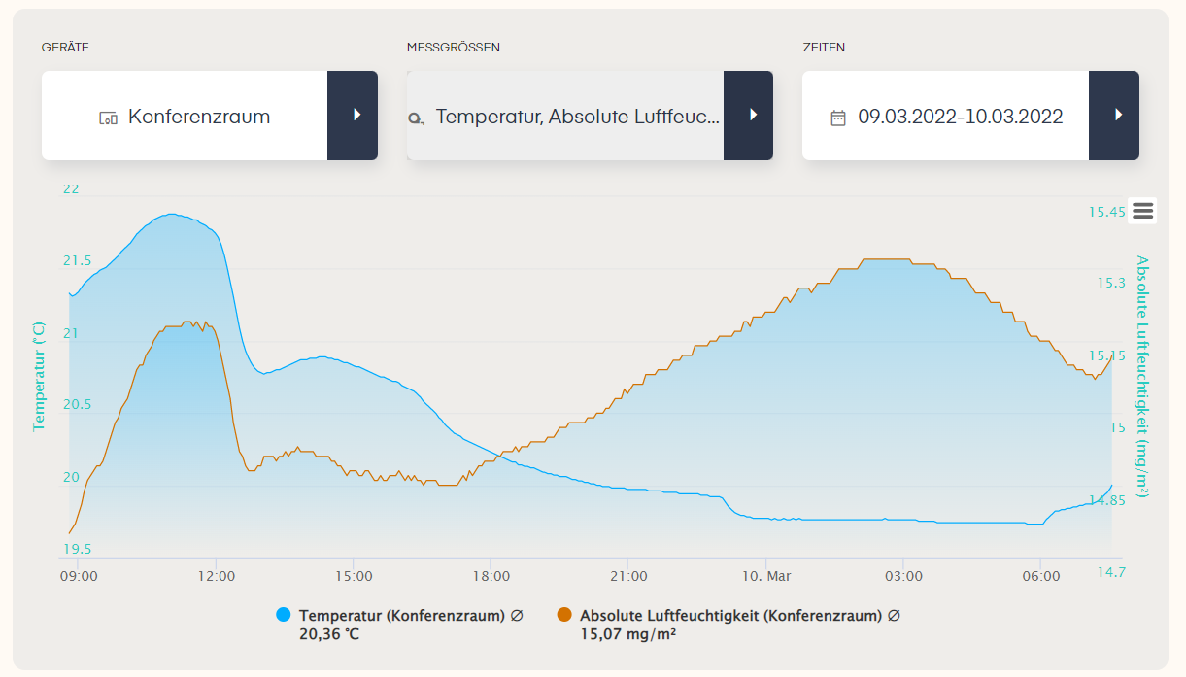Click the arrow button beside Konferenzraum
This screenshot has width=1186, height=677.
coord(353,116)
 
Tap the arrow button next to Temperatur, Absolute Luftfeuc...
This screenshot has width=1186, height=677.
coord(748,116)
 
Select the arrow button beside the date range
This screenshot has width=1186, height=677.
coord(1114,116)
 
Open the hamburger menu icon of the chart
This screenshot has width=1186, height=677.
coord(1142,211)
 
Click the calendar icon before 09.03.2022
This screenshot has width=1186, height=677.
coord(837,118)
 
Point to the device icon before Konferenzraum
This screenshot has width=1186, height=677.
coord(108,118)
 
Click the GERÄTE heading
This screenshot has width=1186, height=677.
coord(65,48)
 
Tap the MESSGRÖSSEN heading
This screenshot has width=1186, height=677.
coord(454,48)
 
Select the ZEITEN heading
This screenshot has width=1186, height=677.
coord(824,48)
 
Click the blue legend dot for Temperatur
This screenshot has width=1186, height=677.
coord(284,615)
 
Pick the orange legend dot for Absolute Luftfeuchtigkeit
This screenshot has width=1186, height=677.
coord(564,615)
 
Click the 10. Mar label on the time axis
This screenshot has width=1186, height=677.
coord(766,576)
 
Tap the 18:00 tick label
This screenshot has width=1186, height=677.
coord(491,576)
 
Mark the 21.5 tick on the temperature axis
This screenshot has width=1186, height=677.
coord(78,260)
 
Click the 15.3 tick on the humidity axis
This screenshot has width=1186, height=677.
coord(1111,283)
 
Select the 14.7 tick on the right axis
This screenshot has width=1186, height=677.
coord(1111,572)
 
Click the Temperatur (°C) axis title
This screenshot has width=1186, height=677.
coord(39,376)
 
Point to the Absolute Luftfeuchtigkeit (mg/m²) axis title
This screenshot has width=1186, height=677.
coord(1142,376)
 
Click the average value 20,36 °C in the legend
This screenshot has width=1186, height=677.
coord(329,634)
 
